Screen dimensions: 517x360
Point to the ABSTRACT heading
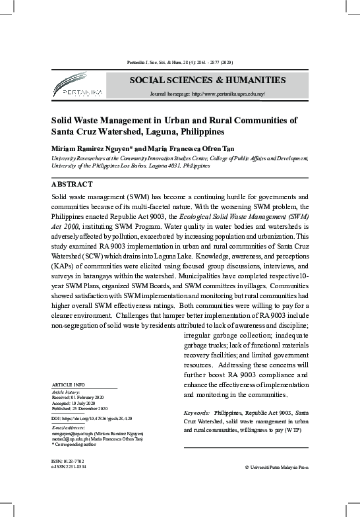72,185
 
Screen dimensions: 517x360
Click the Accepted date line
73,404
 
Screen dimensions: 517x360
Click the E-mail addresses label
68,427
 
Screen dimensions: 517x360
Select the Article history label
65,392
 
